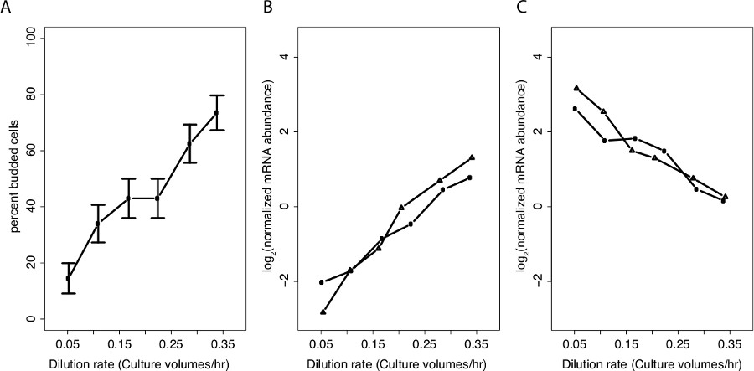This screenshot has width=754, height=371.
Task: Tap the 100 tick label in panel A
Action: tap(31, 38)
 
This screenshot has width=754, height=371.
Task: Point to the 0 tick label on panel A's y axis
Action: tap(31, 319)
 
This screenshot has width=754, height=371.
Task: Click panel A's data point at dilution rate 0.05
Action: tap(69, 278)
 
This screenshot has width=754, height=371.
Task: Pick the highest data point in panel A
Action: tap(216, 113)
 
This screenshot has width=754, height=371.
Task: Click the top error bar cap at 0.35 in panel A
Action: tap(216, 95)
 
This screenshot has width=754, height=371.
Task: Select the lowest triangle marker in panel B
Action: tap(323, 312)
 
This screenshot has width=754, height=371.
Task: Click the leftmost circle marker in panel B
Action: tap(323, 282)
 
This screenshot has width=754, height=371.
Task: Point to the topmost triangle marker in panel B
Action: tap(472, 157)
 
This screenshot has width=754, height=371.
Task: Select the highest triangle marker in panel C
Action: tap(576, 88)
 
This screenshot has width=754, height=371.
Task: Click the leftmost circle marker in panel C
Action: tap(575, 109)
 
